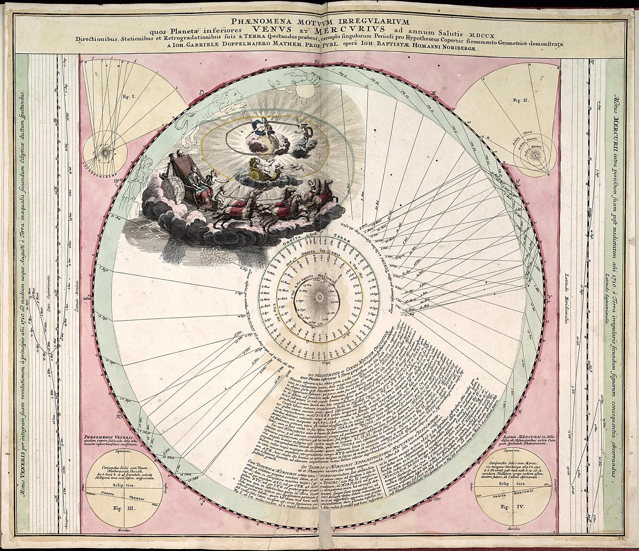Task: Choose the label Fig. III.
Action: click(125, 508)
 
